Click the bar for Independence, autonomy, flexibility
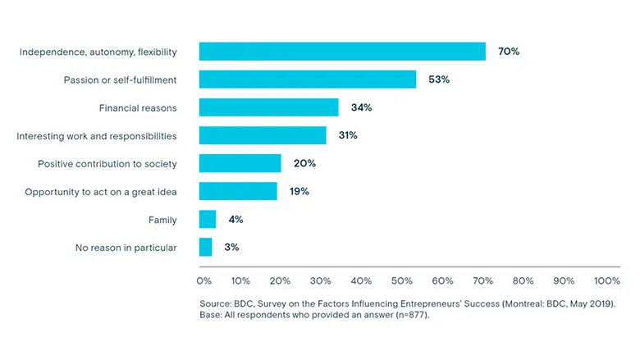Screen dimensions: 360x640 (342, 52)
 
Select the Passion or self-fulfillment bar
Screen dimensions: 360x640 (308, 80)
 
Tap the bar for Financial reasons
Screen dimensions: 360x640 (268, 107)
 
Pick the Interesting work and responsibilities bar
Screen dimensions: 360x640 (263, 135)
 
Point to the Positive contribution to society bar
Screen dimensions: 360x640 (240, 163)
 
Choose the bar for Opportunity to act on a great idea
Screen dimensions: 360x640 (238, 191)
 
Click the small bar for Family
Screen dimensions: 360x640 (208, 219)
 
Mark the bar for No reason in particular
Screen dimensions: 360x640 (206, 247)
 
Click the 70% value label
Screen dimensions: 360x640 (509, 52)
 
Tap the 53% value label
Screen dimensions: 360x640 (439, 80)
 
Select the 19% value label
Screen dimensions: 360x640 (299, 191)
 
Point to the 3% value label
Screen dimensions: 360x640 (232, 247)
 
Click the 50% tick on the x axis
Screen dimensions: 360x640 (402, 281)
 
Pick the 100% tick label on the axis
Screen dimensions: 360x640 (607, 281)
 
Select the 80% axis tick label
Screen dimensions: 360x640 (523, 281)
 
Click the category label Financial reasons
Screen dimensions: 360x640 (138, 107)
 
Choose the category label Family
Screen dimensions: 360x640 (162, 219)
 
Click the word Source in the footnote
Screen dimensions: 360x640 (216, 303)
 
